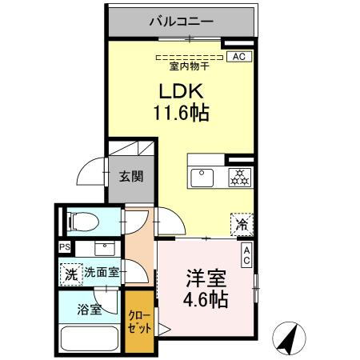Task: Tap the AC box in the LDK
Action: click(x=238, y=56)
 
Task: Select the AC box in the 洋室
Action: click(x=246, y=256)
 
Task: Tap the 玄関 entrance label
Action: click(x=132, y=176)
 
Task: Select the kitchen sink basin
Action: click(x=201, y=175)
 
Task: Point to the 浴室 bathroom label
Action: click(x=90, y=309)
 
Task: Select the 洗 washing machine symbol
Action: click(x=70, y=273)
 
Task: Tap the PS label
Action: click(x=64, y=247)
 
